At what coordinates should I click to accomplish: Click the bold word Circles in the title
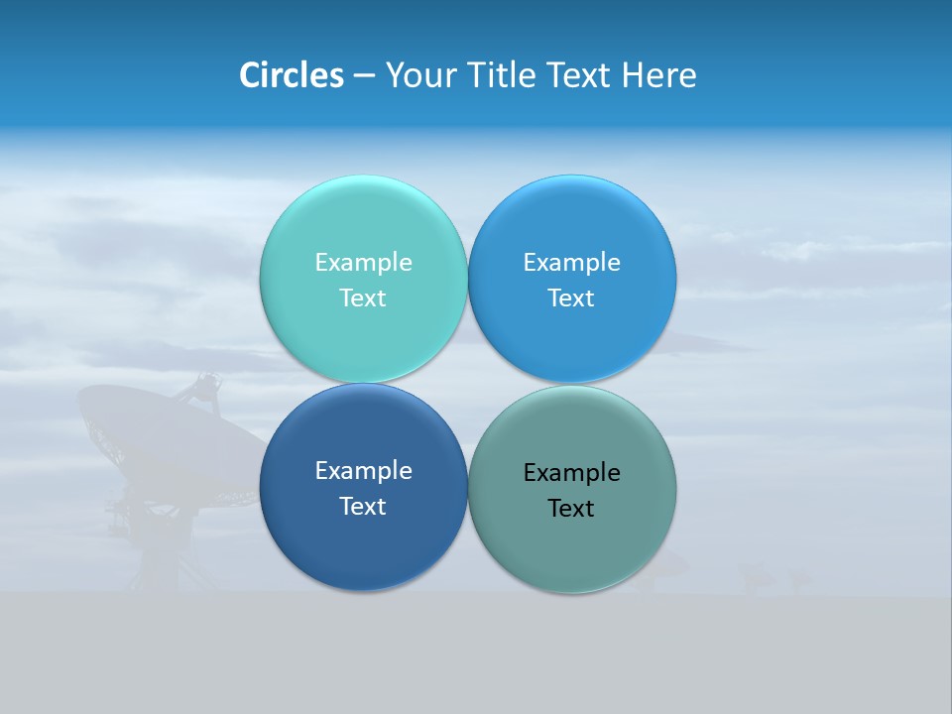pyautogui.click(x=291, y=75)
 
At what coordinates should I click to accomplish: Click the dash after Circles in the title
pyautogui.click(x=364, y=76)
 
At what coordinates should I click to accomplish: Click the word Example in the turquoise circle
pyautogui.click(x=363, y=263)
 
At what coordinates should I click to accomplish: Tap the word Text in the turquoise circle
pyautogui.click(x=363, y=298)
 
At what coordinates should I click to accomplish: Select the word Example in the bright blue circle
pyautogui.click(x=571, y=263)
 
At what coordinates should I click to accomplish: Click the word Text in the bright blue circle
pyautogui.click(x=571, y=298)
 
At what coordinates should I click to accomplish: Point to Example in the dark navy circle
pyautogui.click(x=363, y=471)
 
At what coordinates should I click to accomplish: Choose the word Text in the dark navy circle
pyautogui.click(x=363, y=507)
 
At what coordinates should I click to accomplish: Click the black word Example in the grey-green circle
pyautogui.click(x=571, y=473)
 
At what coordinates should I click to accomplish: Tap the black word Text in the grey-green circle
pyautogui.click(x=571, y=509)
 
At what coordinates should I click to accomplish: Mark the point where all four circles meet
pyautogui.click(x=467, y=384)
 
